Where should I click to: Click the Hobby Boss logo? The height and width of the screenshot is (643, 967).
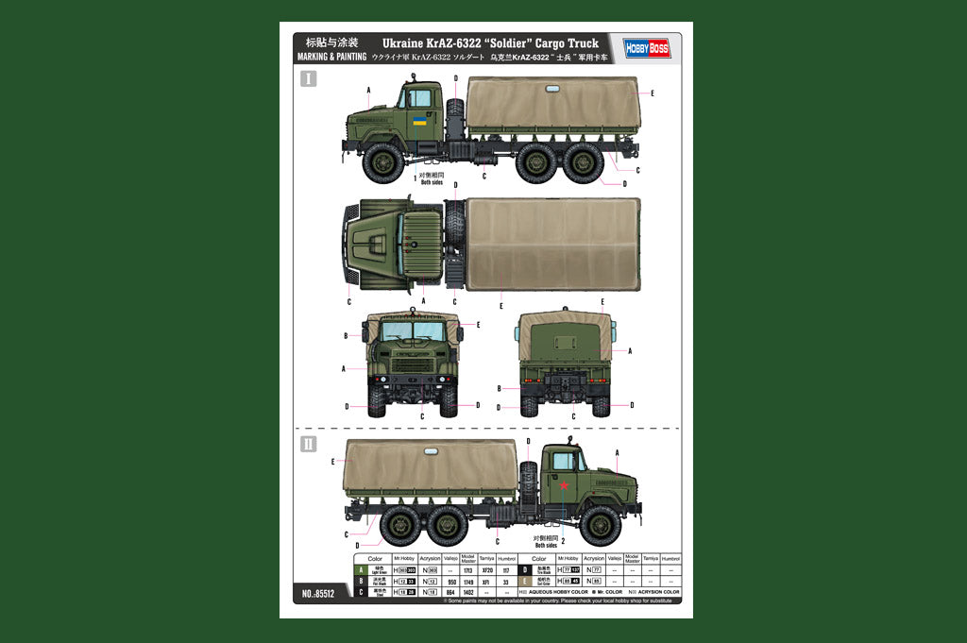click(x=647, y=47)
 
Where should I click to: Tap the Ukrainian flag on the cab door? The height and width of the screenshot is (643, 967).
click(x=418, y=121)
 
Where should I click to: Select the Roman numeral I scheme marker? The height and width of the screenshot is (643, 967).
click(x=309, y=78)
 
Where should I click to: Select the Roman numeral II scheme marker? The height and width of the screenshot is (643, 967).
click(x=309, y=444)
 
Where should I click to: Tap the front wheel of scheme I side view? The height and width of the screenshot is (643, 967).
click(x=383, y=162)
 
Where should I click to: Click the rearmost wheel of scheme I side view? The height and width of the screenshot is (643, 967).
click(x=584, y=162)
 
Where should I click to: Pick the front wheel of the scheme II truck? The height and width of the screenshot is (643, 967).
click(x=601, y=526)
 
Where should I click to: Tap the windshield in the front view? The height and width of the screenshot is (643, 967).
click(x=413, y=331)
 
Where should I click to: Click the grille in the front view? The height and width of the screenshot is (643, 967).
click(x=413, y=364)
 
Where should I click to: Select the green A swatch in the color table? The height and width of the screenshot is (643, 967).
click(x=359, y=570)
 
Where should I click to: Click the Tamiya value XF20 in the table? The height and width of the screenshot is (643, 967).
click(x=487, y=570)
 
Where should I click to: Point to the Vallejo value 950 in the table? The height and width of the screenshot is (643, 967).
click(x=451, y=582)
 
